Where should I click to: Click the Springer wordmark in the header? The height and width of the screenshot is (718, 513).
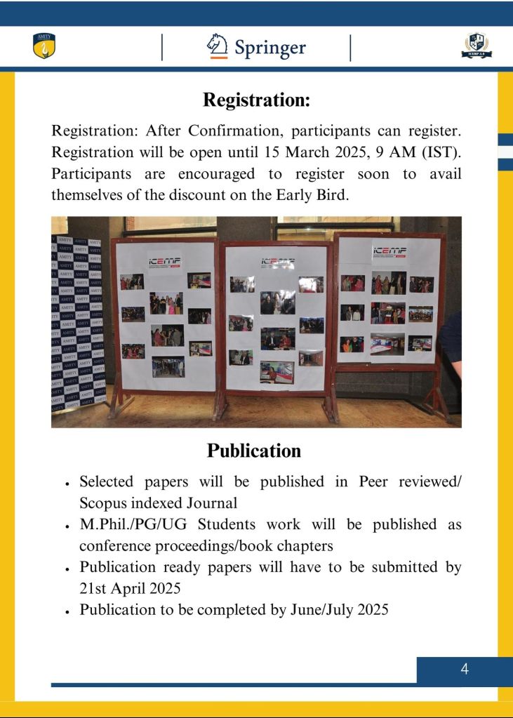click(x=270, y=48)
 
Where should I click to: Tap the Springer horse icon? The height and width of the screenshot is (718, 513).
click(x=218, y=46)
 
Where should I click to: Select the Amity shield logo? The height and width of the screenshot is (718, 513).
click(x=44, y=46)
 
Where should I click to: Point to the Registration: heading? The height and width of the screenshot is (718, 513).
click(x=256, y=100)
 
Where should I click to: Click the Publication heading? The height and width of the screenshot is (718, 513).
click(x=254, y=451)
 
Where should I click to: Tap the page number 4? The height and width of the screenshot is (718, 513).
click(x=464, y=670)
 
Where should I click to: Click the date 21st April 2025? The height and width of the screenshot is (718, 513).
click(x=130, y=588)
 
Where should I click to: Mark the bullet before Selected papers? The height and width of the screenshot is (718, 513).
click(x=66, y=484)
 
